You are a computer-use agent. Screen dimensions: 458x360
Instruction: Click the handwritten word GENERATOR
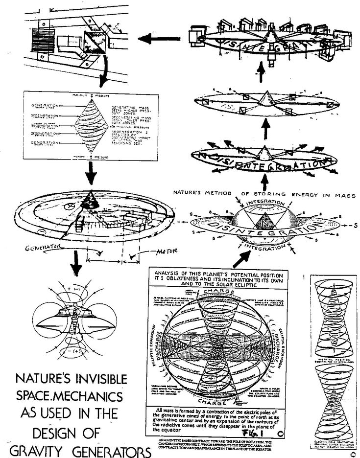pyautogui.click(x=43, y=249)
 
